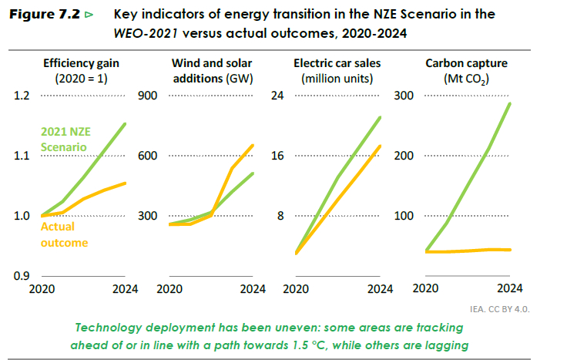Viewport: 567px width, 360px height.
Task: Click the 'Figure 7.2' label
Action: pyautogui.click(x=43, y=15)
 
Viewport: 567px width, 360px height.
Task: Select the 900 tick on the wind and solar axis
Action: pyautogui.click(x=146, y=96)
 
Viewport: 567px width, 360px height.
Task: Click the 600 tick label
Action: pyautogui.click(x=146, y=156)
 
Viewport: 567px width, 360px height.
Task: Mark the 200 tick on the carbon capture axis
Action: pyautogui.click(x=404, y=156)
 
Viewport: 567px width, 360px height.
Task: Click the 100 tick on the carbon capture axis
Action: pyautogui.click(x=404, y=216)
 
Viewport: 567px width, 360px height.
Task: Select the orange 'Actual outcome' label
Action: pyautogui.click(x=64, y=235)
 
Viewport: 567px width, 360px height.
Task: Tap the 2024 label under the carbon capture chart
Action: pyautogui.click(x=511, y=289)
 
